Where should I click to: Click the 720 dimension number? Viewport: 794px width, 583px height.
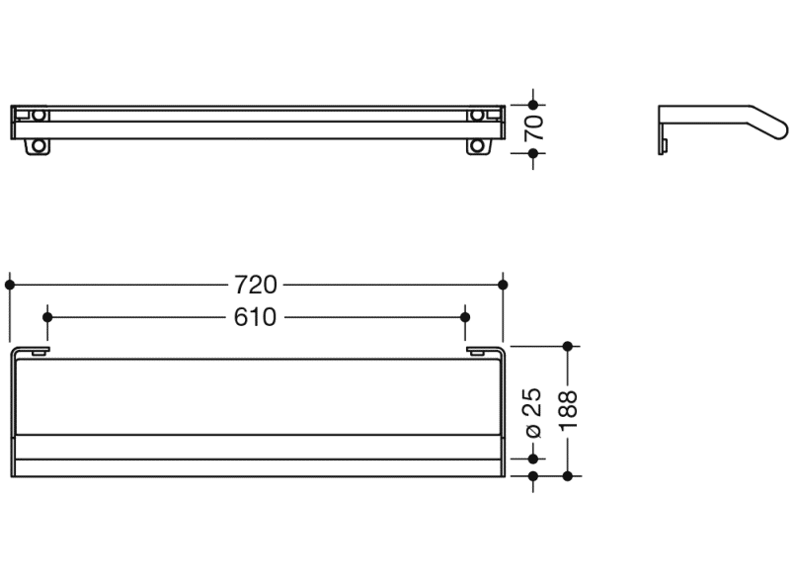(256, 285)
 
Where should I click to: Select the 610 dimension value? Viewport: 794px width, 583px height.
(256, 317)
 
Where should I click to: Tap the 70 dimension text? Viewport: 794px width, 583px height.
(534, 128)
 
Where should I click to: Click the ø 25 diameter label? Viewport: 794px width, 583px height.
(533, 412)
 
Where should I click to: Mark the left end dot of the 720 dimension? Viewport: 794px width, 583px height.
(10, 285)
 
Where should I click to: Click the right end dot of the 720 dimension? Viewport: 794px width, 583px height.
(504, 285)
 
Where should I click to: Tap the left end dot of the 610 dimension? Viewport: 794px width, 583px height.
(47, 317)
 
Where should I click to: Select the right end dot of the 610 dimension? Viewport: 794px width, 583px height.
(466, 317)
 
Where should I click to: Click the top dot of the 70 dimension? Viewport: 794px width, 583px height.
(534, 104)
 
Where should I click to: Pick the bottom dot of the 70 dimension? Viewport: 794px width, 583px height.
(534, 153)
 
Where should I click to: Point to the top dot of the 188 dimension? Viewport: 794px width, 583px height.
(567, 346)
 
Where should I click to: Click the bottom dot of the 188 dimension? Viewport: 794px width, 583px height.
(567, 476)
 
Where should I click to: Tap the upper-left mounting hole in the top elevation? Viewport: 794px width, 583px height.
(38, 115)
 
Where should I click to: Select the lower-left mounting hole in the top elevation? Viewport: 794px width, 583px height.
(38, 146)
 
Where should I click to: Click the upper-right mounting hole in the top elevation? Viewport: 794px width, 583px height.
(478, 115)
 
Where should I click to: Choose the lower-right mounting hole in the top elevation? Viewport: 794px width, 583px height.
(478, 146)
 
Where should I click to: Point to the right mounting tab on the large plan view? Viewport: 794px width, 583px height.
(476, 350)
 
